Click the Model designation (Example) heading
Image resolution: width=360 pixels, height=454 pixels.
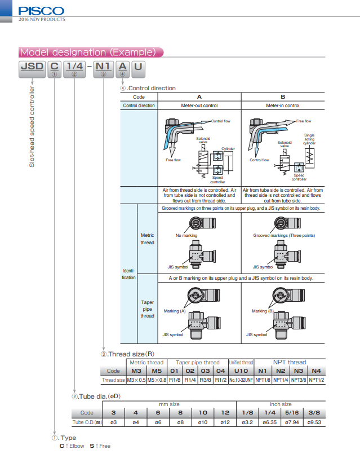(x=88, y=52)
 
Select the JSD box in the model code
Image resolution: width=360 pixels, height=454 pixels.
(x=32, y=67)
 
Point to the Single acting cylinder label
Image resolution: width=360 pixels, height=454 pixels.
(x=309, y=139)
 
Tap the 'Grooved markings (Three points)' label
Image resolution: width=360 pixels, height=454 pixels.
(x=284, y=235)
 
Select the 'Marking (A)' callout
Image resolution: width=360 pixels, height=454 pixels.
(x=175, y=311)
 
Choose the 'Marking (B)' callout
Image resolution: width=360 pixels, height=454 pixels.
(x=263, y=311)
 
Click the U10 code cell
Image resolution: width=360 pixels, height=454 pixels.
(x=241, y=371)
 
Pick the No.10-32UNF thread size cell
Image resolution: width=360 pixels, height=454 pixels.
(x=241, y=380)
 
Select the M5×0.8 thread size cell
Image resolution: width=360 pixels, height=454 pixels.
(x=157, y=380)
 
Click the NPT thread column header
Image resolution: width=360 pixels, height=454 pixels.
(x=290, y=362)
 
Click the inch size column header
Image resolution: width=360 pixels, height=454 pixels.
(x=280, y=404)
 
